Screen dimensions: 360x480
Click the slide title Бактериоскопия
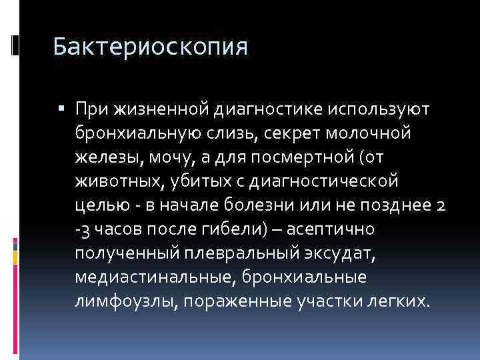[x=150, y=47]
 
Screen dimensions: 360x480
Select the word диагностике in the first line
[x=267, y=109]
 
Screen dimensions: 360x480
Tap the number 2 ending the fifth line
[x=441, y=205]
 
